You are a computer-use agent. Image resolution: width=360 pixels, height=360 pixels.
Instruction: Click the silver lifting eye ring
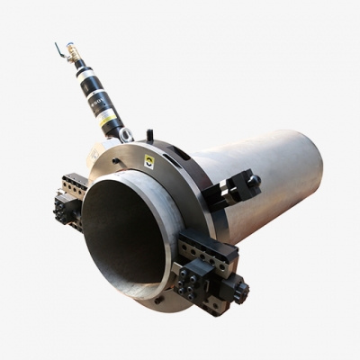point(125,135)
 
